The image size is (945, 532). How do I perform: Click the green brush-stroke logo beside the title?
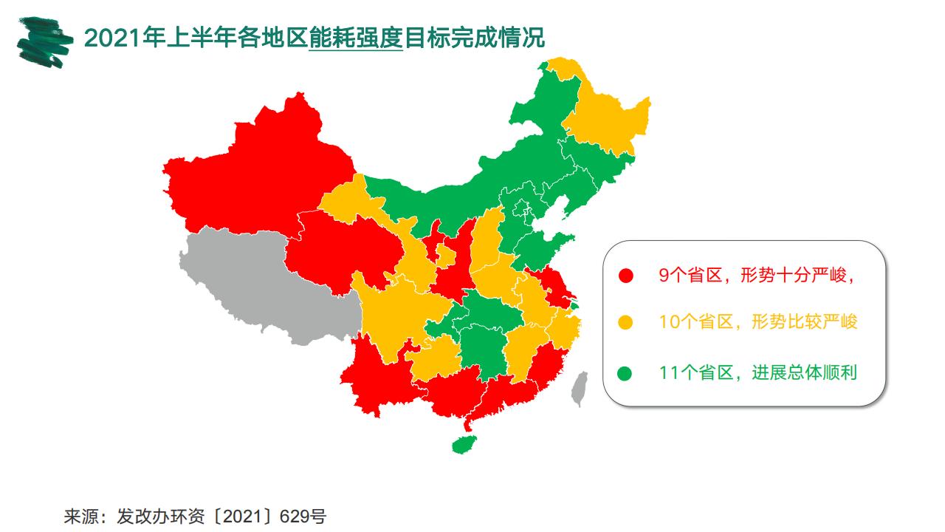click(x=45, y=41)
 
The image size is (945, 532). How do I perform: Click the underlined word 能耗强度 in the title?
click(x=356, y=37)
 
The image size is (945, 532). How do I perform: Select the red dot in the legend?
click(x=626, y=276)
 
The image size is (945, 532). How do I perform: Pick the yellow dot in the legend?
click(x=626, y=322)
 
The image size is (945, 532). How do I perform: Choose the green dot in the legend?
click(x=626, y=373)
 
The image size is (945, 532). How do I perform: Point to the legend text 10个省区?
click(x=695, y=322)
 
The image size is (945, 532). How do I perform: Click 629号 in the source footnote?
click(x=303, y=516)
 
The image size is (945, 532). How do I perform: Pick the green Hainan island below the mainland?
click(x=464, y=444)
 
